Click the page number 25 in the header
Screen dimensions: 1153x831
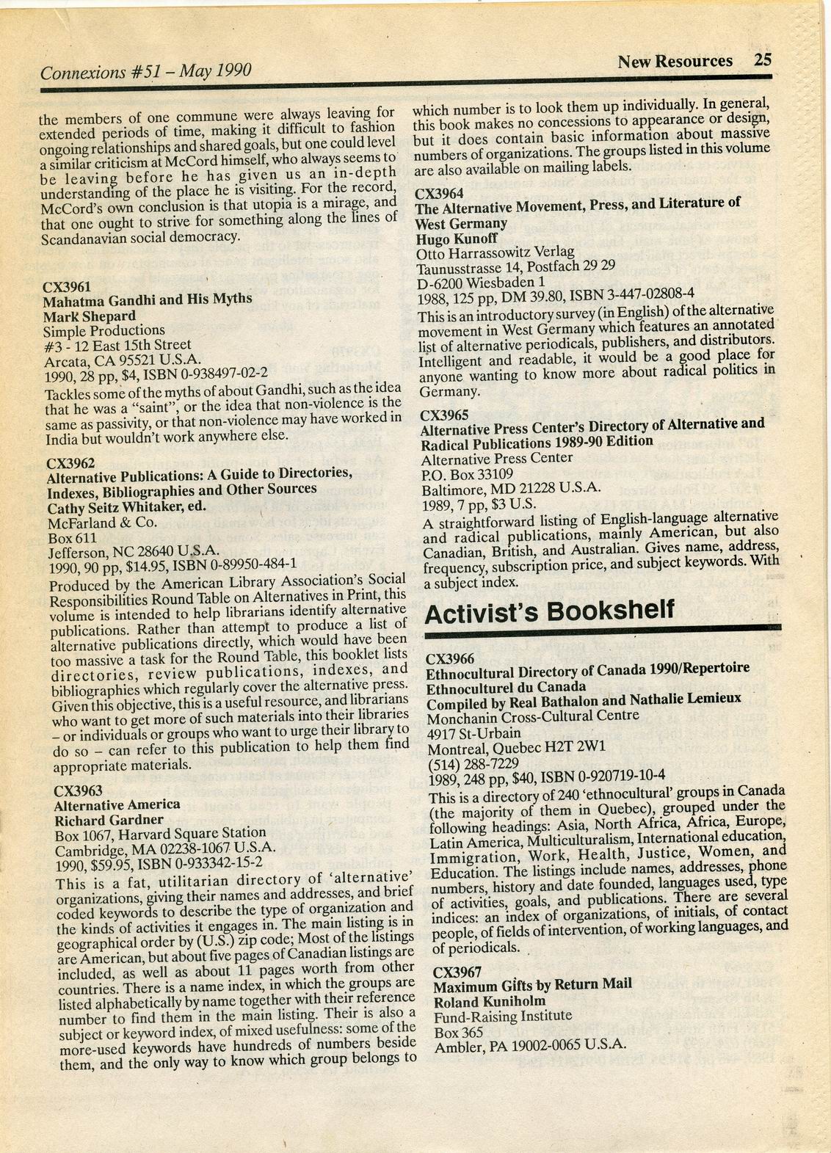762,60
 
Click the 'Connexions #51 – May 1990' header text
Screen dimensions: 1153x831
147,71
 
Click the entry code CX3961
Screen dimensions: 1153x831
67,285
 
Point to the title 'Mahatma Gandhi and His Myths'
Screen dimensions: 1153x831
148,299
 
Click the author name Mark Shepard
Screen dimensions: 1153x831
90,316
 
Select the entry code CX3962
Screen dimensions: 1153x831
70,463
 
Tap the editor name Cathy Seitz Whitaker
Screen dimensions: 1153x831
127,506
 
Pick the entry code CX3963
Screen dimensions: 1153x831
79,790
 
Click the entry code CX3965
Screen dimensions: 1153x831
444,415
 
